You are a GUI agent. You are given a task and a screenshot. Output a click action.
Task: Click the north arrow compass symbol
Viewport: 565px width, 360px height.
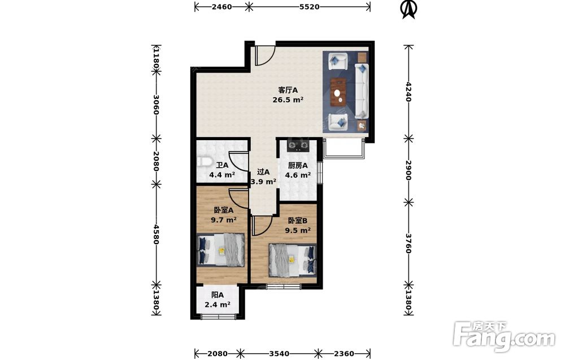[x=409, y=10]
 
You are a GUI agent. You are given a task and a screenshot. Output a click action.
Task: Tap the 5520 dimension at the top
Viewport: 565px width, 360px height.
[x=310, y=6]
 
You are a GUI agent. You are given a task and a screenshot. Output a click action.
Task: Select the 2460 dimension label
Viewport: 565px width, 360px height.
[x=221, y=6]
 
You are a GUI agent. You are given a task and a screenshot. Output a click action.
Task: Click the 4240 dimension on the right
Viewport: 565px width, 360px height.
[x=408, y=92]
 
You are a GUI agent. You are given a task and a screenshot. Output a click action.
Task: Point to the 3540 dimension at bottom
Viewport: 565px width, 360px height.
[x=279, y=354]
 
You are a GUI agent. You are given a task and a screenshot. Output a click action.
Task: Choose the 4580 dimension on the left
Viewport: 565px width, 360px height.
[x=156, y=234]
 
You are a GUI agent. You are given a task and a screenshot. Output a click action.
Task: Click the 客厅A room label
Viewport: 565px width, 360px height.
[x=288, y=90]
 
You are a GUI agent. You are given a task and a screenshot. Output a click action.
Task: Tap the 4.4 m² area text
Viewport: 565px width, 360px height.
[x=222, y=175]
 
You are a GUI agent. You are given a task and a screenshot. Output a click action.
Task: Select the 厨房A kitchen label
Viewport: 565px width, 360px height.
[x=298, y=166]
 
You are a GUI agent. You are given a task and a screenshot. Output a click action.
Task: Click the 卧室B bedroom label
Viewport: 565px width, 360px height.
[x=297, y=220]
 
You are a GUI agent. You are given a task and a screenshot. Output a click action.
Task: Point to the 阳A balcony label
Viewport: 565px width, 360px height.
[x=218, y=295]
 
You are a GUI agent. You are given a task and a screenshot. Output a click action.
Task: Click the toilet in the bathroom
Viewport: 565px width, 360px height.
[x=203, y=162]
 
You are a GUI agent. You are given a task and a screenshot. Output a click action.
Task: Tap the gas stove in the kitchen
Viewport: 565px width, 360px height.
[x=298, y=145]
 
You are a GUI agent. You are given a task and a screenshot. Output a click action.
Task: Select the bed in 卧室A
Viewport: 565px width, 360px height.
[x=220, y=250]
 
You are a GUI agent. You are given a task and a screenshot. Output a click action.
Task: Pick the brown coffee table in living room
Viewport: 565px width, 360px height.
[x=338, y=92]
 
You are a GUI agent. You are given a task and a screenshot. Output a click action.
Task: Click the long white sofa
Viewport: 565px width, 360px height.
[x=362, y=91]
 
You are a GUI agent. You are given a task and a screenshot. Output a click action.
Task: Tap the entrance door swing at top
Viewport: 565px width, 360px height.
[x=265, y=55]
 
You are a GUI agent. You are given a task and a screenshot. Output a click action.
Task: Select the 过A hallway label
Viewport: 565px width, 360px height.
[x=263, y=172]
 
